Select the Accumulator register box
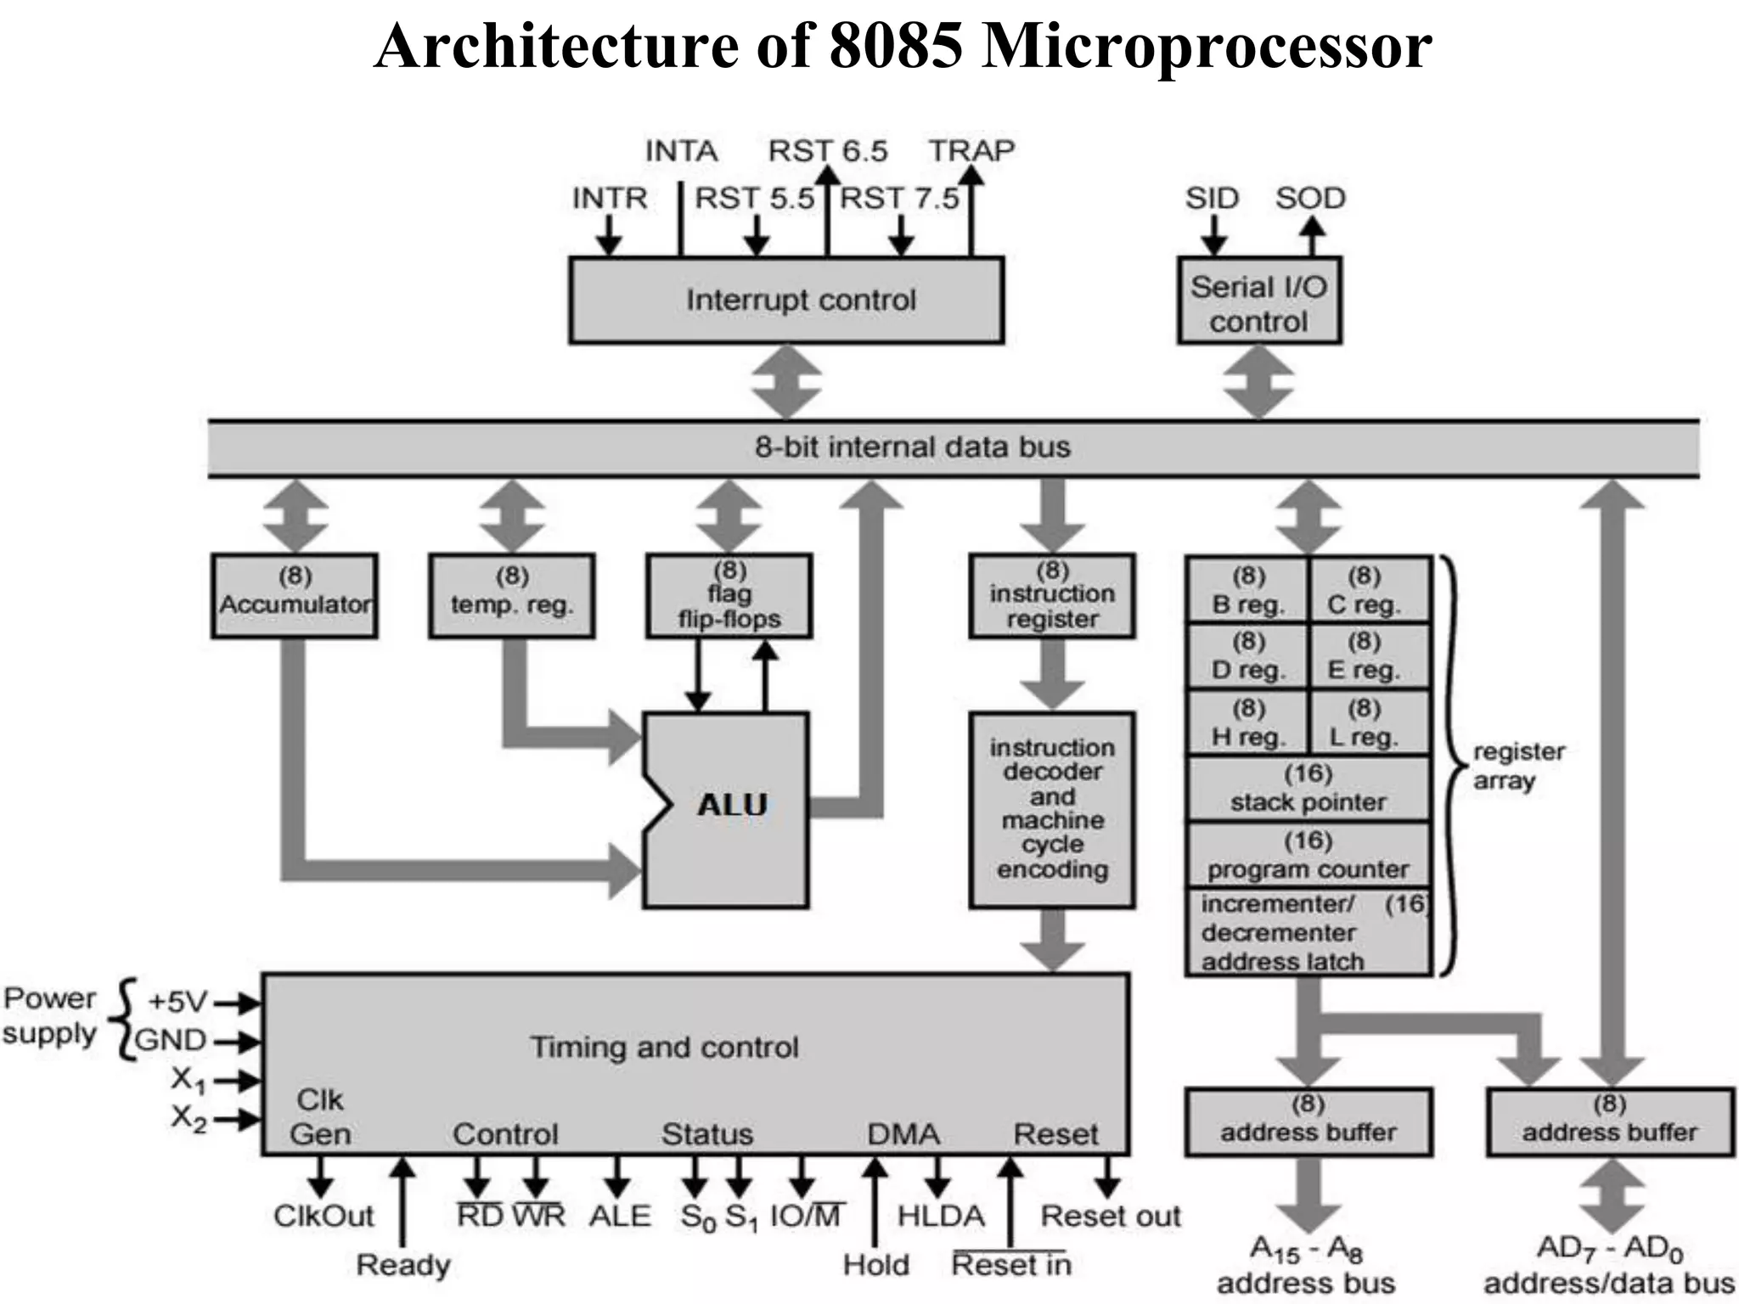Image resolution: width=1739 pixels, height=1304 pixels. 295,594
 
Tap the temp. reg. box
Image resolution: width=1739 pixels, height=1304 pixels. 512,594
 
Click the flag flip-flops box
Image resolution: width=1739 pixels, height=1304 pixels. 729,594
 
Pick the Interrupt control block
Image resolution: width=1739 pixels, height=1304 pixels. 786,300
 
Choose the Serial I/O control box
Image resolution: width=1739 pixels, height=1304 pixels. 1258,301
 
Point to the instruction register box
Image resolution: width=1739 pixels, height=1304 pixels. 1052,594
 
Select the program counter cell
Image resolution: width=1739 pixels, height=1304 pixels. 1308,856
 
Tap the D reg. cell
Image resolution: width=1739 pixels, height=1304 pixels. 1247,656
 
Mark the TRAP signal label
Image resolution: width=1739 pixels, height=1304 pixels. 971,151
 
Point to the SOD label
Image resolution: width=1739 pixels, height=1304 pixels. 1310,199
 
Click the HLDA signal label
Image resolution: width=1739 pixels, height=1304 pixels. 941,1216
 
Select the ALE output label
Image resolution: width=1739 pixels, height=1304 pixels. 620,1216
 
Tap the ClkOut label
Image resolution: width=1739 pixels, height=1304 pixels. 324,1216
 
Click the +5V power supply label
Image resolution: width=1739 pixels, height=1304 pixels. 177,1003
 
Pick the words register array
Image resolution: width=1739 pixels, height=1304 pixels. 1517,766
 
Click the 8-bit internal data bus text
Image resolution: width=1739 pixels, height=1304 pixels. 913,447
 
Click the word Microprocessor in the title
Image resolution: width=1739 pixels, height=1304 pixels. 1207,46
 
